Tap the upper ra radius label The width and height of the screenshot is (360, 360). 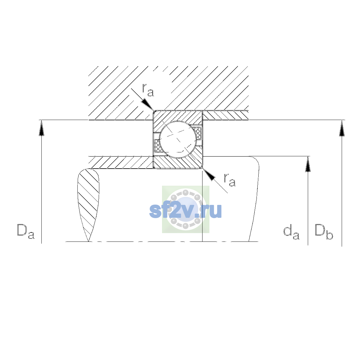[x=148, y=90]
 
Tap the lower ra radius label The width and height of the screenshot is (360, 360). [x=229, y=180]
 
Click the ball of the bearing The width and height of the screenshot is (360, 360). [x=178, y=139]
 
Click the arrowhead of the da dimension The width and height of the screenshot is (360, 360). [x=308, y=164]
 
